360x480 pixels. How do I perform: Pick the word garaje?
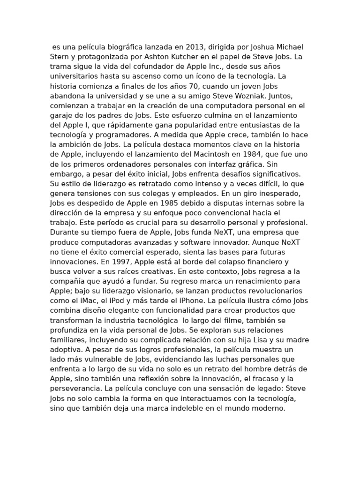pyautogui.click(x=62, y=115)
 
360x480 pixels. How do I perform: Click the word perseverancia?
pyautogui.click(x=74, y=389)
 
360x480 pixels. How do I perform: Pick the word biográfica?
pyautogui.click(x=116, y=47)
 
